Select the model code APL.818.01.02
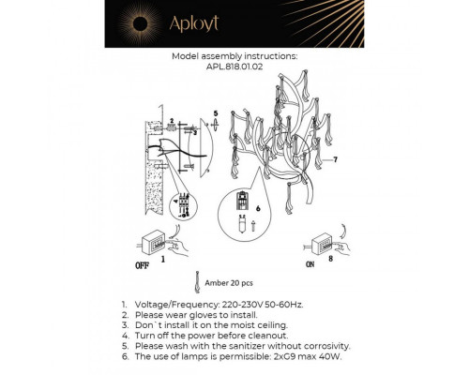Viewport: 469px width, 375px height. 234,67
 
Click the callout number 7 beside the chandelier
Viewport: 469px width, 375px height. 335,160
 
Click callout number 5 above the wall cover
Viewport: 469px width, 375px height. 215,113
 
